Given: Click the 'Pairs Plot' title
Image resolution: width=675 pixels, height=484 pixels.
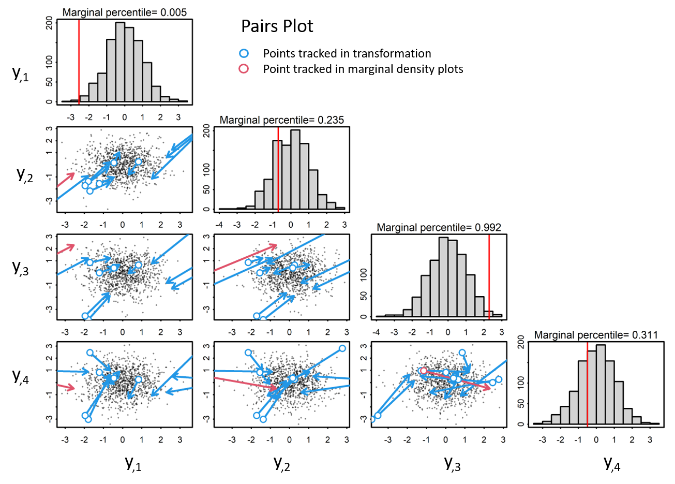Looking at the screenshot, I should [x=277, y=26].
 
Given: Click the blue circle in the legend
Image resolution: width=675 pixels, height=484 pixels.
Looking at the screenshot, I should [x=244, y=53].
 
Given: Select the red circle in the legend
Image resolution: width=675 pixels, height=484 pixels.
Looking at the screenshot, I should [x=244, y=69].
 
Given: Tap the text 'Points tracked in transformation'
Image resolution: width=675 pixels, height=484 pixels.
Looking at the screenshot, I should [x=347, y=53].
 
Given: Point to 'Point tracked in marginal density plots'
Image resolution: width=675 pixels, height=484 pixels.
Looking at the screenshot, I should [x=363, y=69].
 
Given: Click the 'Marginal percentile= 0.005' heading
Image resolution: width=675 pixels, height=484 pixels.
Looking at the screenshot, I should [x=125, y=12].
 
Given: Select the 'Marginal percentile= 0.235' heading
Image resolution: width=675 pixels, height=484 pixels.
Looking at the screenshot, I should [x=281, y=120].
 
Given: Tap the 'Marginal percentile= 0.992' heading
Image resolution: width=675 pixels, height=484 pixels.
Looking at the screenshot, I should [x=439, y=227].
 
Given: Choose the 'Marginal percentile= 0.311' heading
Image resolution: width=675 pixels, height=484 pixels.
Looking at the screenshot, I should [x=596, y=335].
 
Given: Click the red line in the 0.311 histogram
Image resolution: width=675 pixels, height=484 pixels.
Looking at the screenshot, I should [x=588, y=383].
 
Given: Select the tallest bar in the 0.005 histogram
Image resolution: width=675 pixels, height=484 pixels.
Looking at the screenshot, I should [x=120, y=62].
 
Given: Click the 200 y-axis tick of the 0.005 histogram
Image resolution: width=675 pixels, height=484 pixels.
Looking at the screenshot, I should [x=49, y=23].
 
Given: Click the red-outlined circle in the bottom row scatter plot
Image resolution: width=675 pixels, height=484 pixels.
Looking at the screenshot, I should [x=424, y=371].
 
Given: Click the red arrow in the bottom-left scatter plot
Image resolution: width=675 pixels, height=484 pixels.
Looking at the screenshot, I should [x=66, y=387].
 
